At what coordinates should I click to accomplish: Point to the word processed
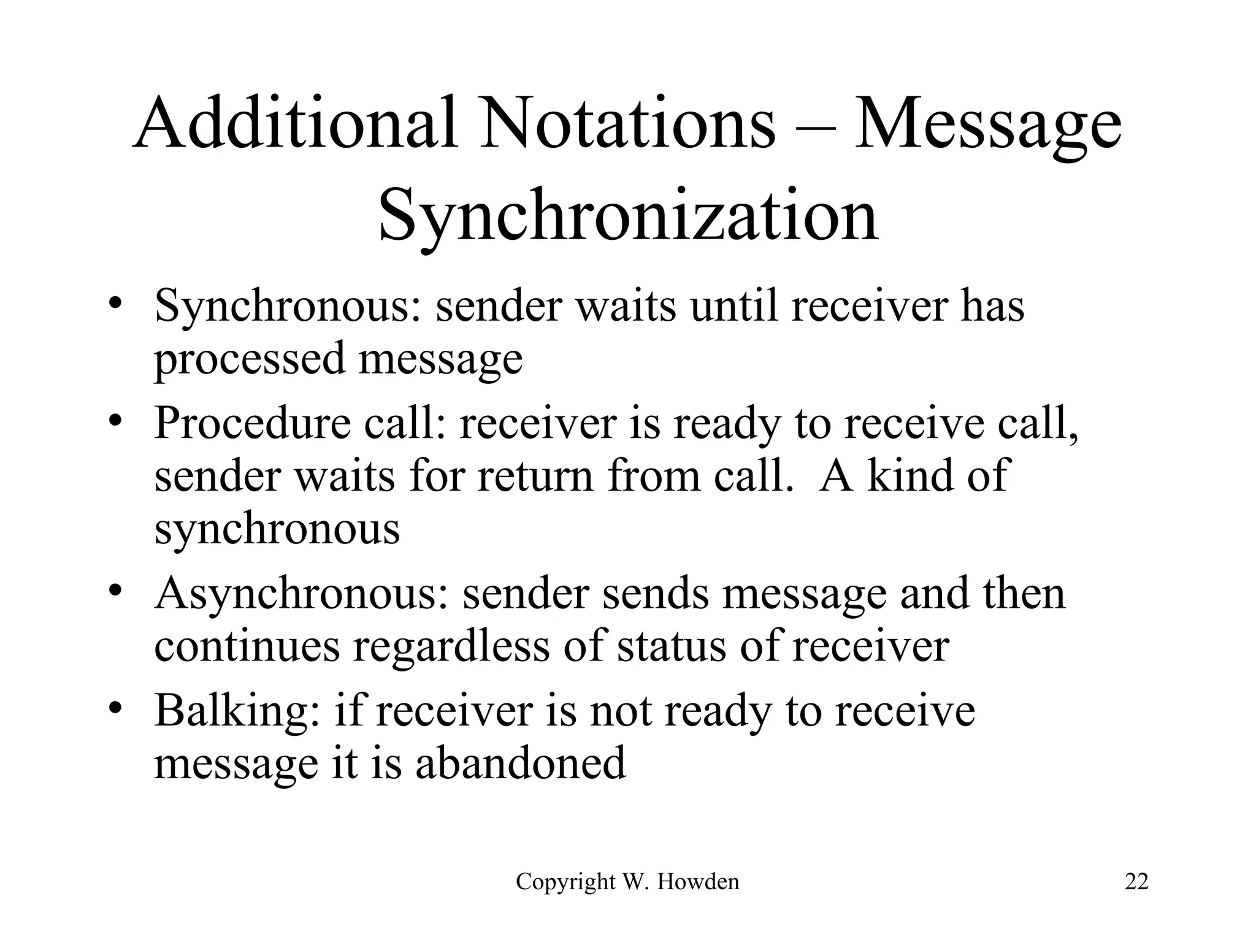[x=249, y=361]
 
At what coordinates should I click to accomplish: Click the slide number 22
[x=1136, y=882]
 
